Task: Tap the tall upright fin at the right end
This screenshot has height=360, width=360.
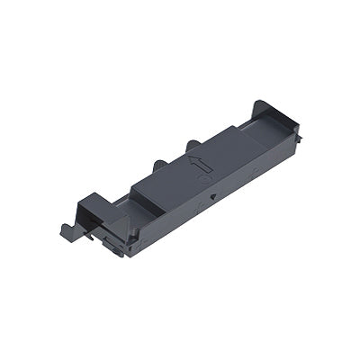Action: click(x=261, y=109)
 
